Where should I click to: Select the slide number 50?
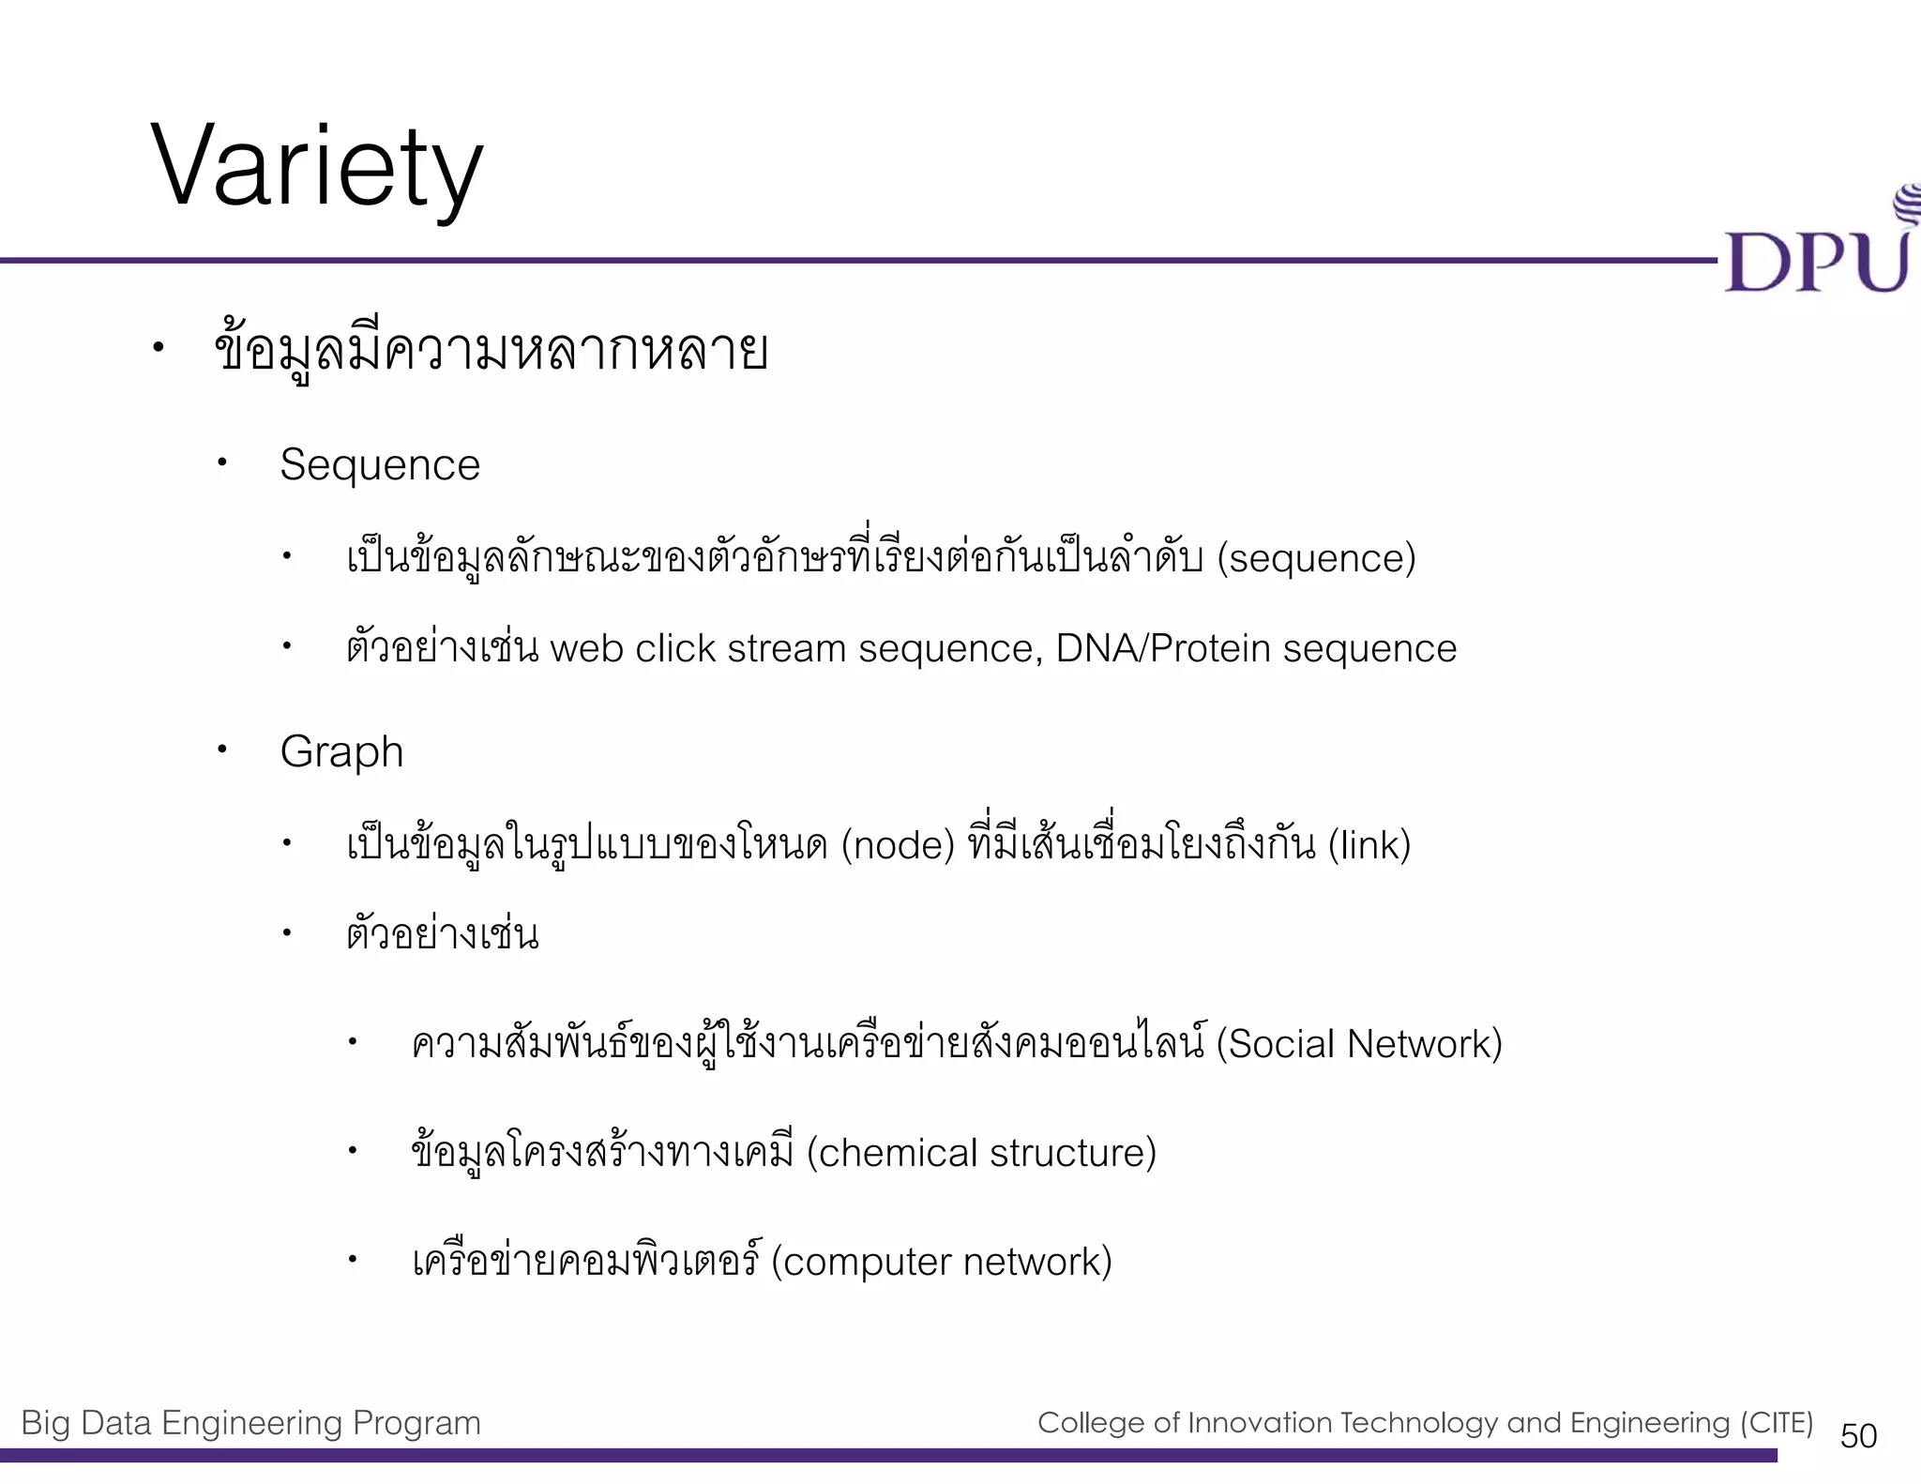pos(1858,1435)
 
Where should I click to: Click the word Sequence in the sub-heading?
pos(380,465)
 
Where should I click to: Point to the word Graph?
pos(341,752)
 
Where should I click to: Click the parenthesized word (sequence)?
pos(1316,558)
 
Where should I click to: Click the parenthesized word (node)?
pos(898,845)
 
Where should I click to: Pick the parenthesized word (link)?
pos(1369,845)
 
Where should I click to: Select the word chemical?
pos(898,1153)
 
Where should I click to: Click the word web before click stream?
pos(586,649)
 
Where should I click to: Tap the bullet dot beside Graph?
pos(222,750)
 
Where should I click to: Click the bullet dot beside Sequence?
pos(222,462)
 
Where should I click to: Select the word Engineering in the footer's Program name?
pos(252,1423)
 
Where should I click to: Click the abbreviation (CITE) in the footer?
pos(1777,1423)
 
